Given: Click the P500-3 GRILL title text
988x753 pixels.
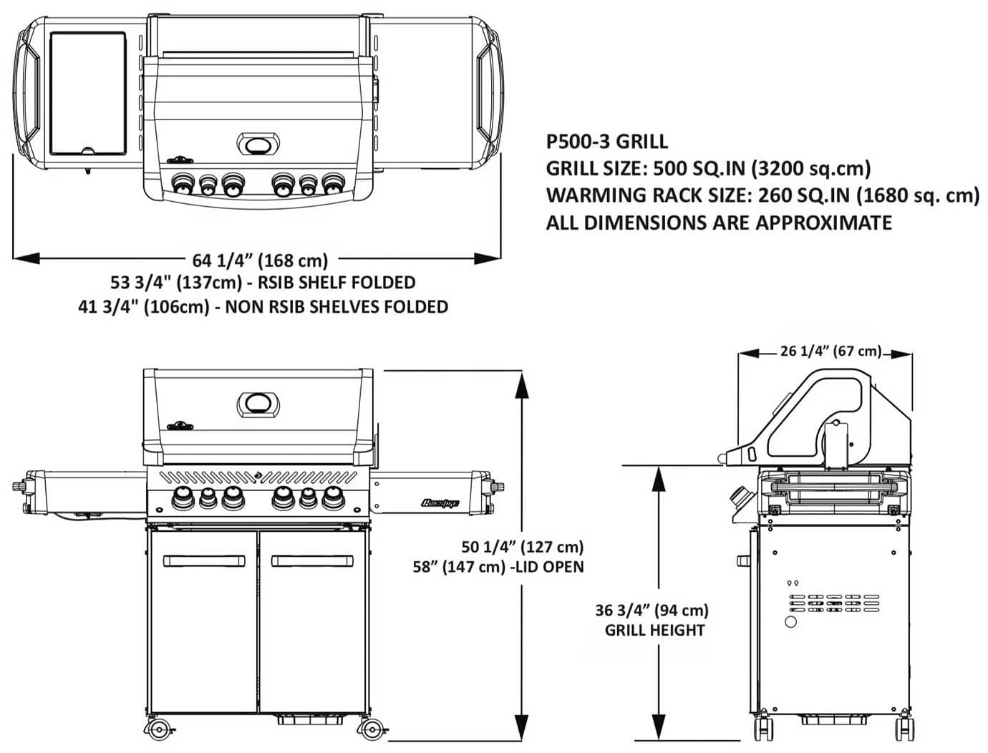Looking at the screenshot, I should (606, 141).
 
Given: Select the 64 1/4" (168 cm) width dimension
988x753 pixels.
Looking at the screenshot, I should (260, 260).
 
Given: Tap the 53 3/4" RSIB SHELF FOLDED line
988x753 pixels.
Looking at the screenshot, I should (263, 283).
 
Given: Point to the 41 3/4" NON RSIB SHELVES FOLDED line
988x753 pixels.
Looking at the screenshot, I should (263, 307).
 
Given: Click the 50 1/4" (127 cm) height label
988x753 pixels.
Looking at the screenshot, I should (523, 547).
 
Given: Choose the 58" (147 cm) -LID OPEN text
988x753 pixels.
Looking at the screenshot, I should (498, 567).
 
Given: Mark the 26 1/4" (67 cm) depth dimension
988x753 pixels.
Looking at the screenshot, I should (830, 351).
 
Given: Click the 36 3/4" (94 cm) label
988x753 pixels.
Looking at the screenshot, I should (652, 611).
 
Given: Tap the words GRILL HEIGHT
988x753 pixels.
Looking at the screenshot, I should (654, 631).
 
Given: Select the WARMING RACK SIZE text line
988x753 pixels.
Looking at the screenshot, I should (762, 195).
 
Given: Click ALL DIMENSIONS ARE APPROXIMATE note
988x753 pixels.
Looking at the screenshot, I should (719, 223).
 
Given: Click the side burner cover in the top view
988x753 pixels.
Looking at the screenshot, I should (88, 93).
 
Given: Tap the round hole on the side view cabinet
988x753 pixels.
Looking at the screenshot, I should (790, 622).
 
